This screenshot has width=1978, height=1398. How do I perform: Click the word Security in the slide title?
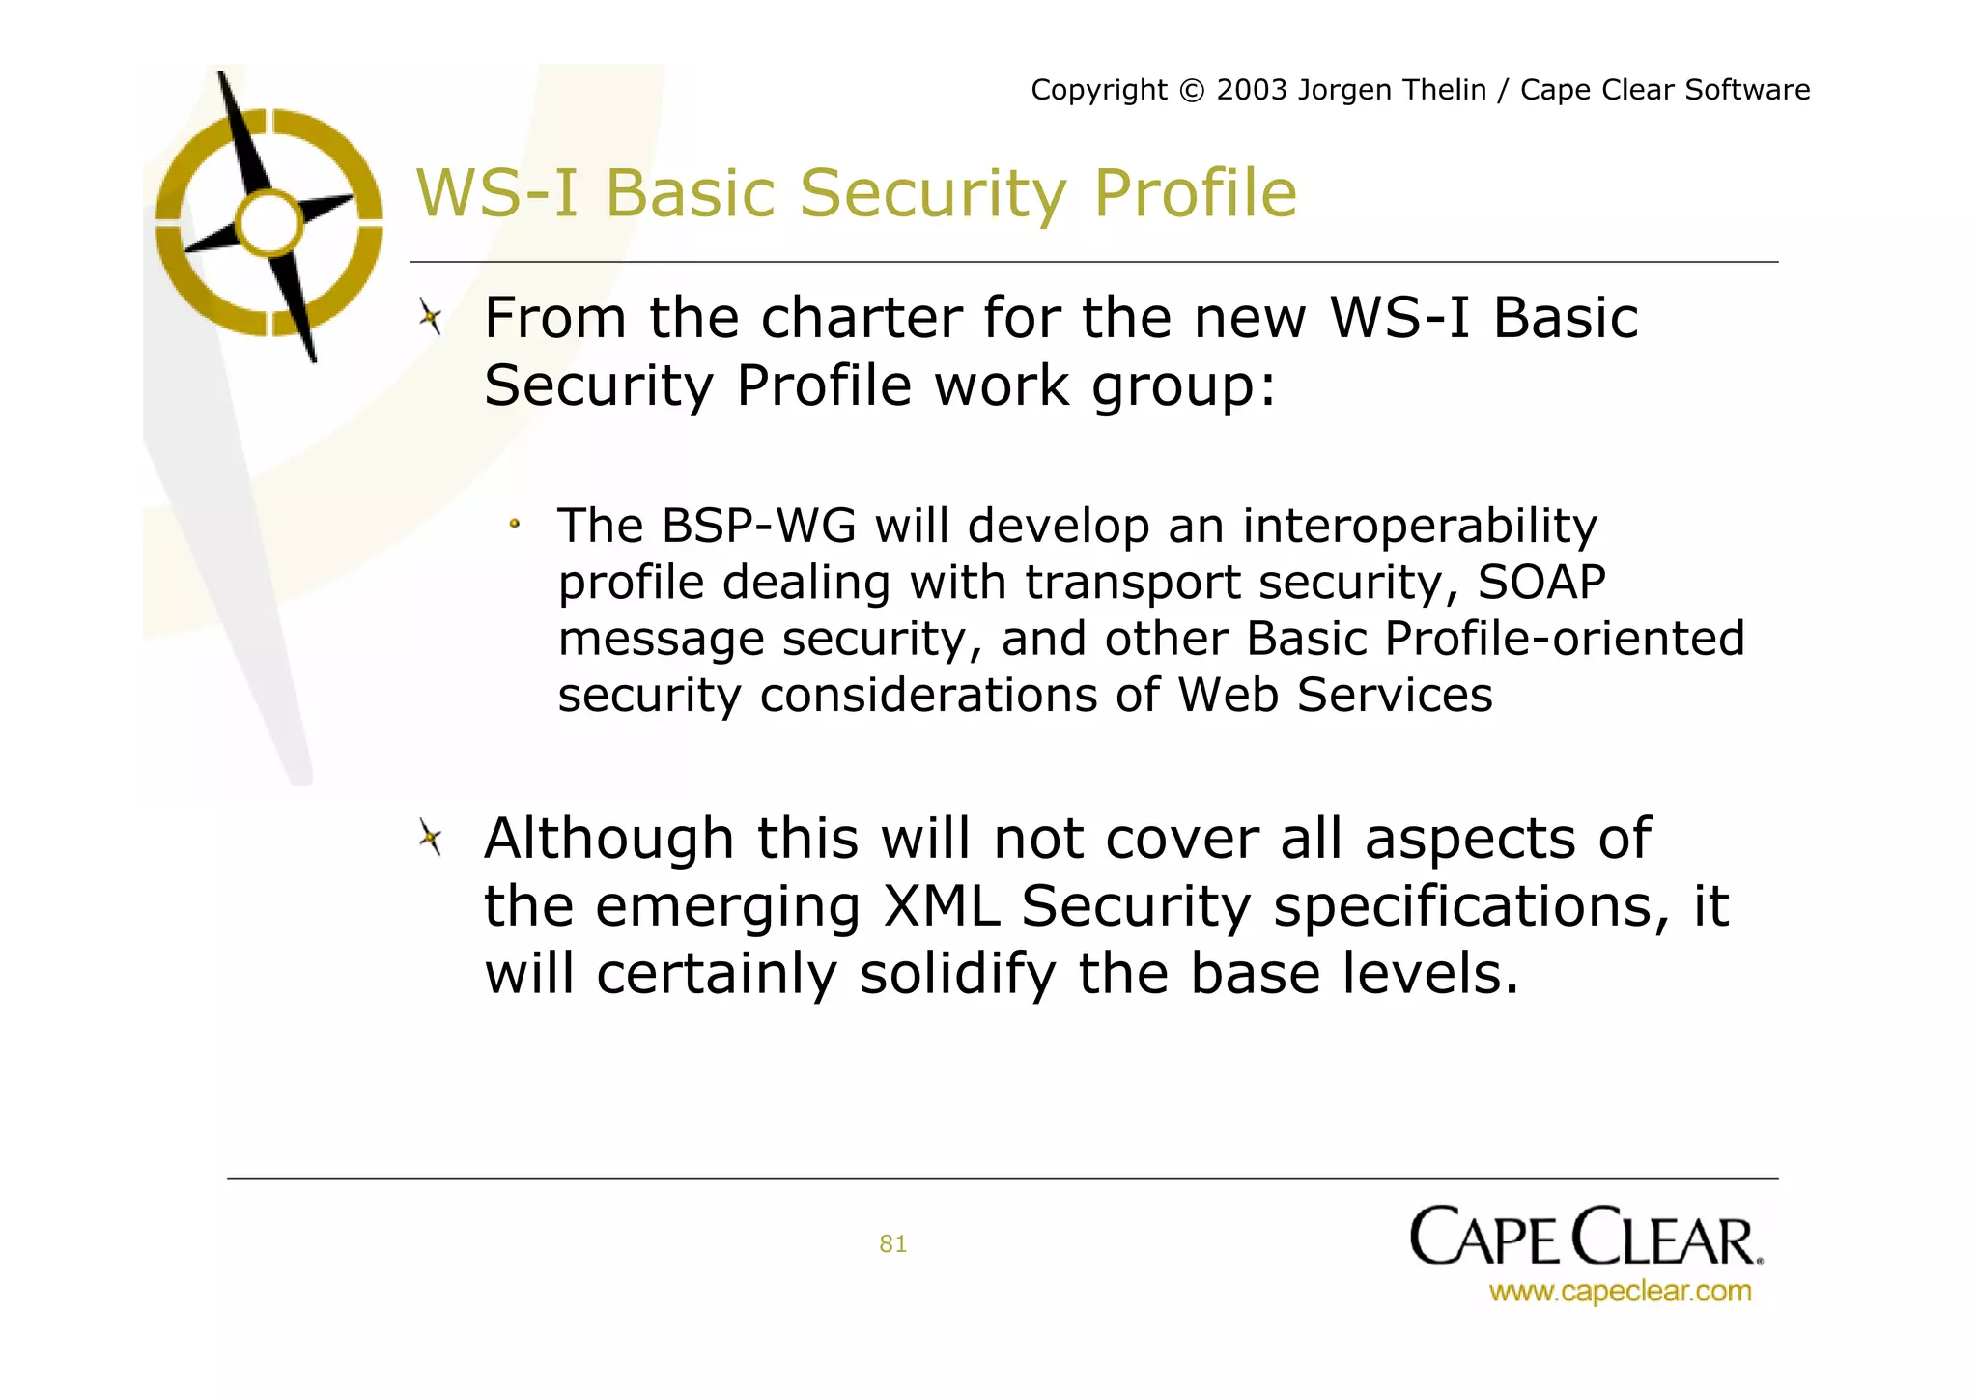932,194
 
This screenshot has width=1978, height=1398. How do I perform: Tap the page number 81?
892,1243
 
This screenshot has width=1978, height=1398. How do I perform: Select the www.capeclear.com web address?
1620,1291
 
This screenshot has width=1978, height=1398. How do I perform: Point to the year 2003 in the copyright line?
1252,90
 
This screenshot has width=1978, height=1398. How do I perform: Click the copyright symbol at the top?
1192,91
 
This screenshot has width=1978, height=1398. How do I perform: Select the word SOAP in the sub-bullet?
1541,583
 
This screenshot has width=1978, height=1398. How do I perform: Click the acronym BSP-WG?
758,527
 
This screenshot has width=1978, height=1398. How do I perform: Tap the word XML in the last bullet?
941,906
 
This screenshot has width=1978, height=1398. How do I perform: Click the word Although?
608,839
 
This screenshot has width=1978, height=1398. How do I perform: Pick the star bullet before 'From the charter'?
431,317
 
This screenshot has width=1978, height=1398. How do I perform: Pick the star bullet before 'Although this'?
431,837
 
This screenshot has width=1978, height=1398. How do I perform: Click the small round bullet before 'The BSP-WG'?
515,524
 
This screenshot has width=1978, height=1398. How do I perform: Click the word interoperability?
1419,527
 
